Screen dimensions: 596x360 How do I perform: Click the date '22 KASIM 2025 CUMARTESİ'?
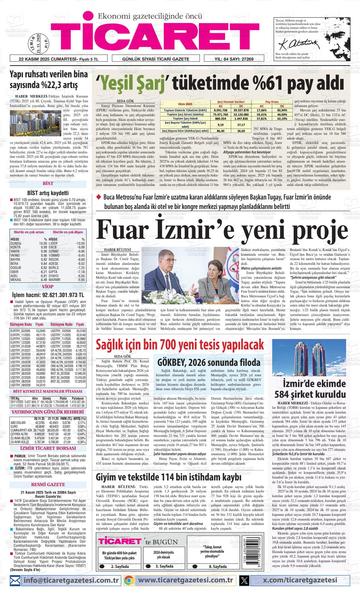click(x=44, y=59)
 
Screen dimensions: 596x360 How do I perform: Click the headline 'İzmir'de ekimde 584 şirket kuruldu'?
click(x=310, y=389)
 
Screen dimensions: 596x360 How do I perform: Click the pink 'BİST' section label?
click(x=48, y=183)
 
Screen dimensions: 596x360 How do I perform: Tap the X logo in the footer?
click(x=244, y=580)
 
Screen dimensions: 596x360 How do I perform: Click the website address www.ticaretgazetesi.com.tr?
click(x=186, y=580)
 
